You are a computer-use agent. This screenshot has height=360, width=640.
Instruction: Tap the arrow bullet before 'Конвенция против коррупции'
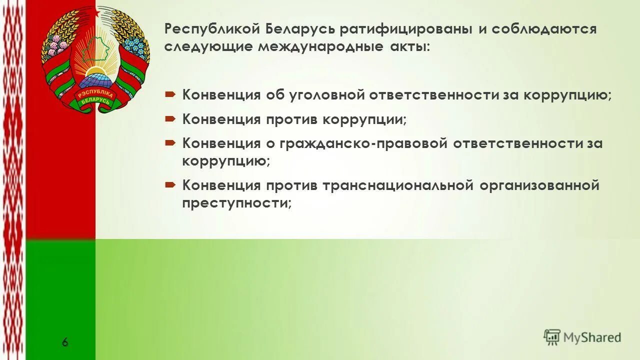169,118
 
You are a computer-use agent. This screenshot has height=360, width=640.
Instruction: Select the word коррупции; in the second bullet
364,119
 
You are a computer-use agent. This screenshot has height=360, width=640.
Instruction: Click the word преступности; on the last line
236,203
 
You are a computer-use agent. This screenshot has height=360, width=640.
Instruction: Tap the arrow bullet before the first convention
169,93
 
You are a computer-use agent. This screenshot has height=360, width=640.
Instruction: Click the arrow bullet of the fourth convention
169,184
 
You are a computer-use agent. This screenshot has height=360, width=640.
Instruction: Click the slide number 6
65,342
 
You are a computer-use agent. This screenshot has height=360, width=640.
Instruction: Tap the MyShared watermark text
592,337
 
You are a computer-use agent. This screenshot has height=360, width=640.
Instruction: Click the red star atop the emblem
96,11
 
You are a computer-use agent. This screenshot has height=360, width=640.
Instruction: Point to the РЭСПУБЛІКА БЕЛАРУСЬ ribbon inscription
95,99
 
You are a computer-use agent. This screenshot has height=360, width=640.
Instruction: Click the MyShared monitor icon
552,337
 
